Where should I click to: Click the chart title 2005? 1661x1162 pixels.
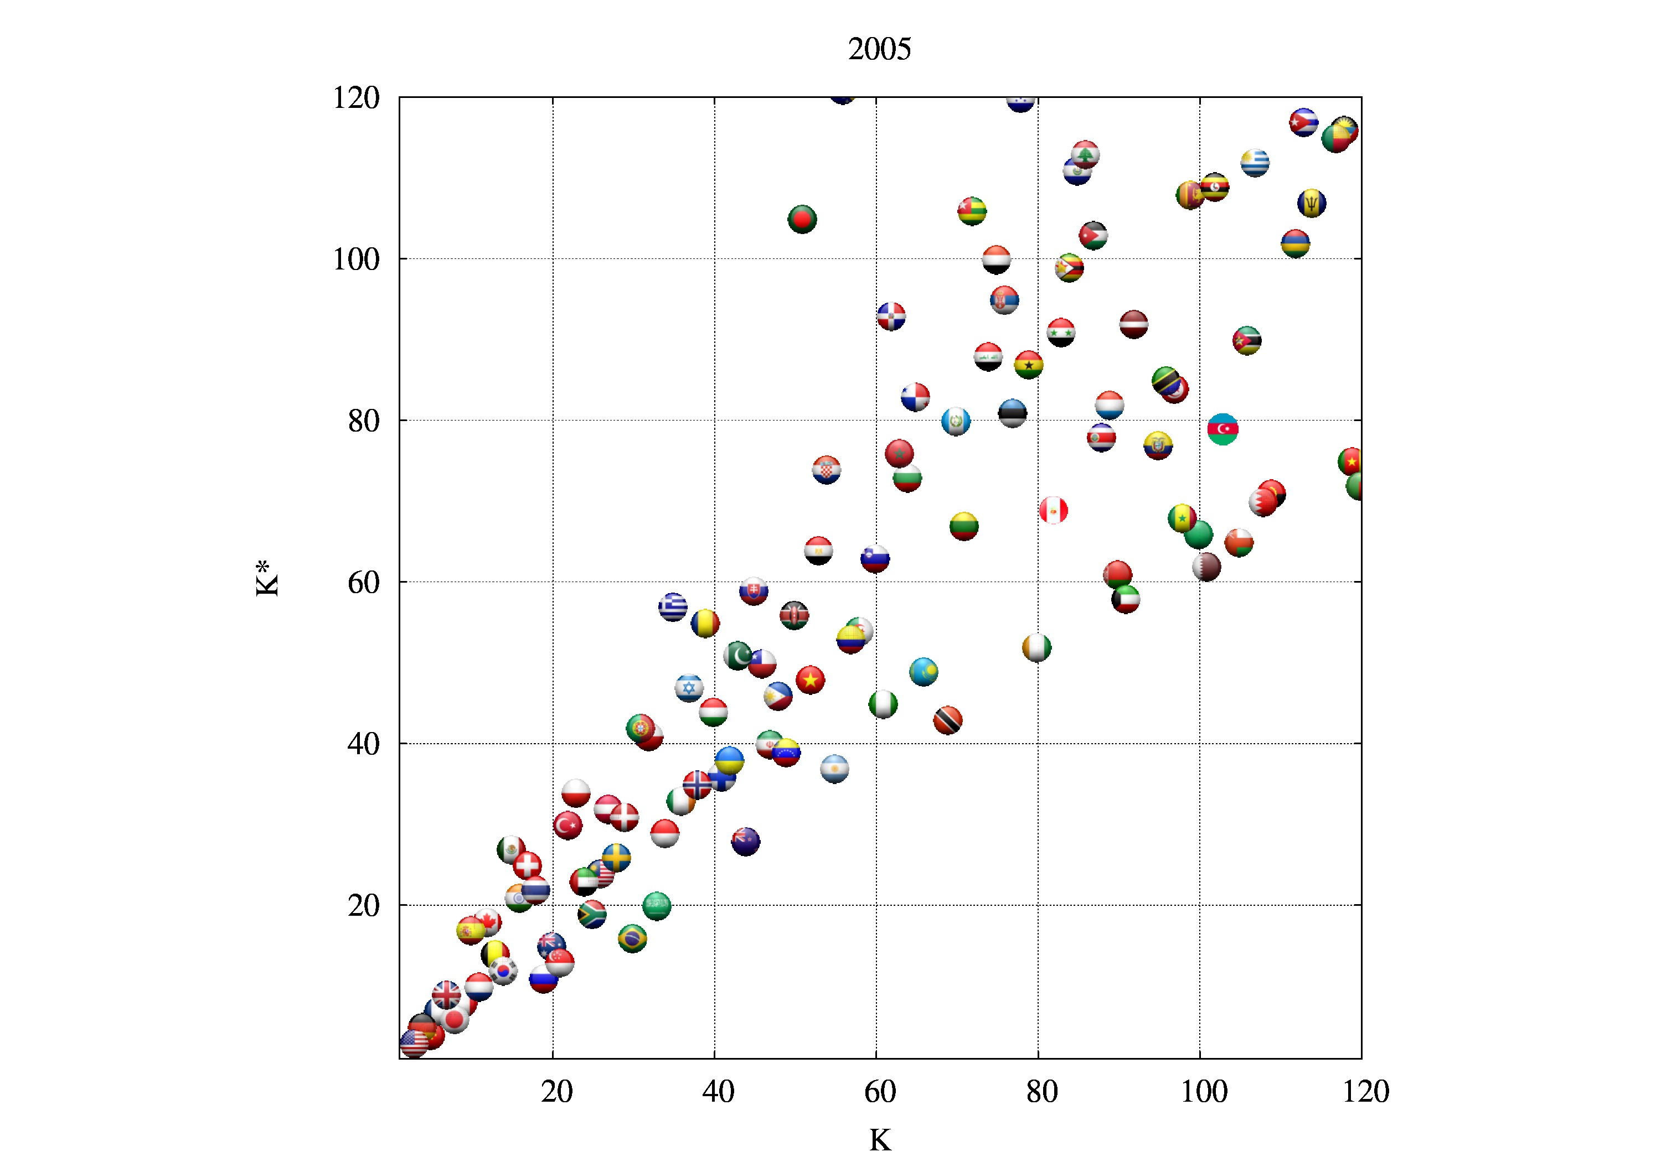click(879, 49)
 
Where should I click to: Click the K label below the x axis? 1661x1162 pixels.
click(880, 1140)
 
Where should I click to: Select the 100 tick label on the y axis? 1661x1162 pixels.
click(356, 259)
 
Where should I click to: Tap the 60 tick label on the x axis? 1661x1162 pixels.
click(880, 1091)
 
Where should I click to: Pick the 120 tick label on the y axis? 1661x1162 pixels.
click(356, 97)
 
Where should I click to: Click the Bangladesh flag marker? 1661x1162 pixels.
click(802, 219)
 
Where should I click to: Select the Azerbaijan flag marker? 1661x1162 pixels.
click(1222, 429)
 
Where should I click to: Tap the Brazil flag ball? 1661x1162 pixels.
click(632, 938)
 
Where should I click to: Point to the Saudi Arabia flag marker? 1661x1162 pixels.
click(656, 905)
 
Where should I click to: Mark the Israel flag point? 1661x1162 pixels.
click(689, 688)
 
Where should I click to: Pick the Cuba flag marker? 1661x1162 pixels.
click(1304, 122)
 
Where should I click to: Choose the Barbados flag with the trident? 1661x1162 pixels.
click(1312, 203)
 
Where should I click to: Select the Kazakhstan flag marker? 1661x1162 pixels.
click(924, 672)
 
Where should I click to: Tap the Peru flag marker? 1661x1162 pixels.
click(1053, 511)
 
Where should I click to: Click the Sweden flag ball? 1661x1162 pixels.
click(616, 858)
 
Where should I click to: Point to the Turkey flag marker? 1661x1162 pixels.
click(568, 825)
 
